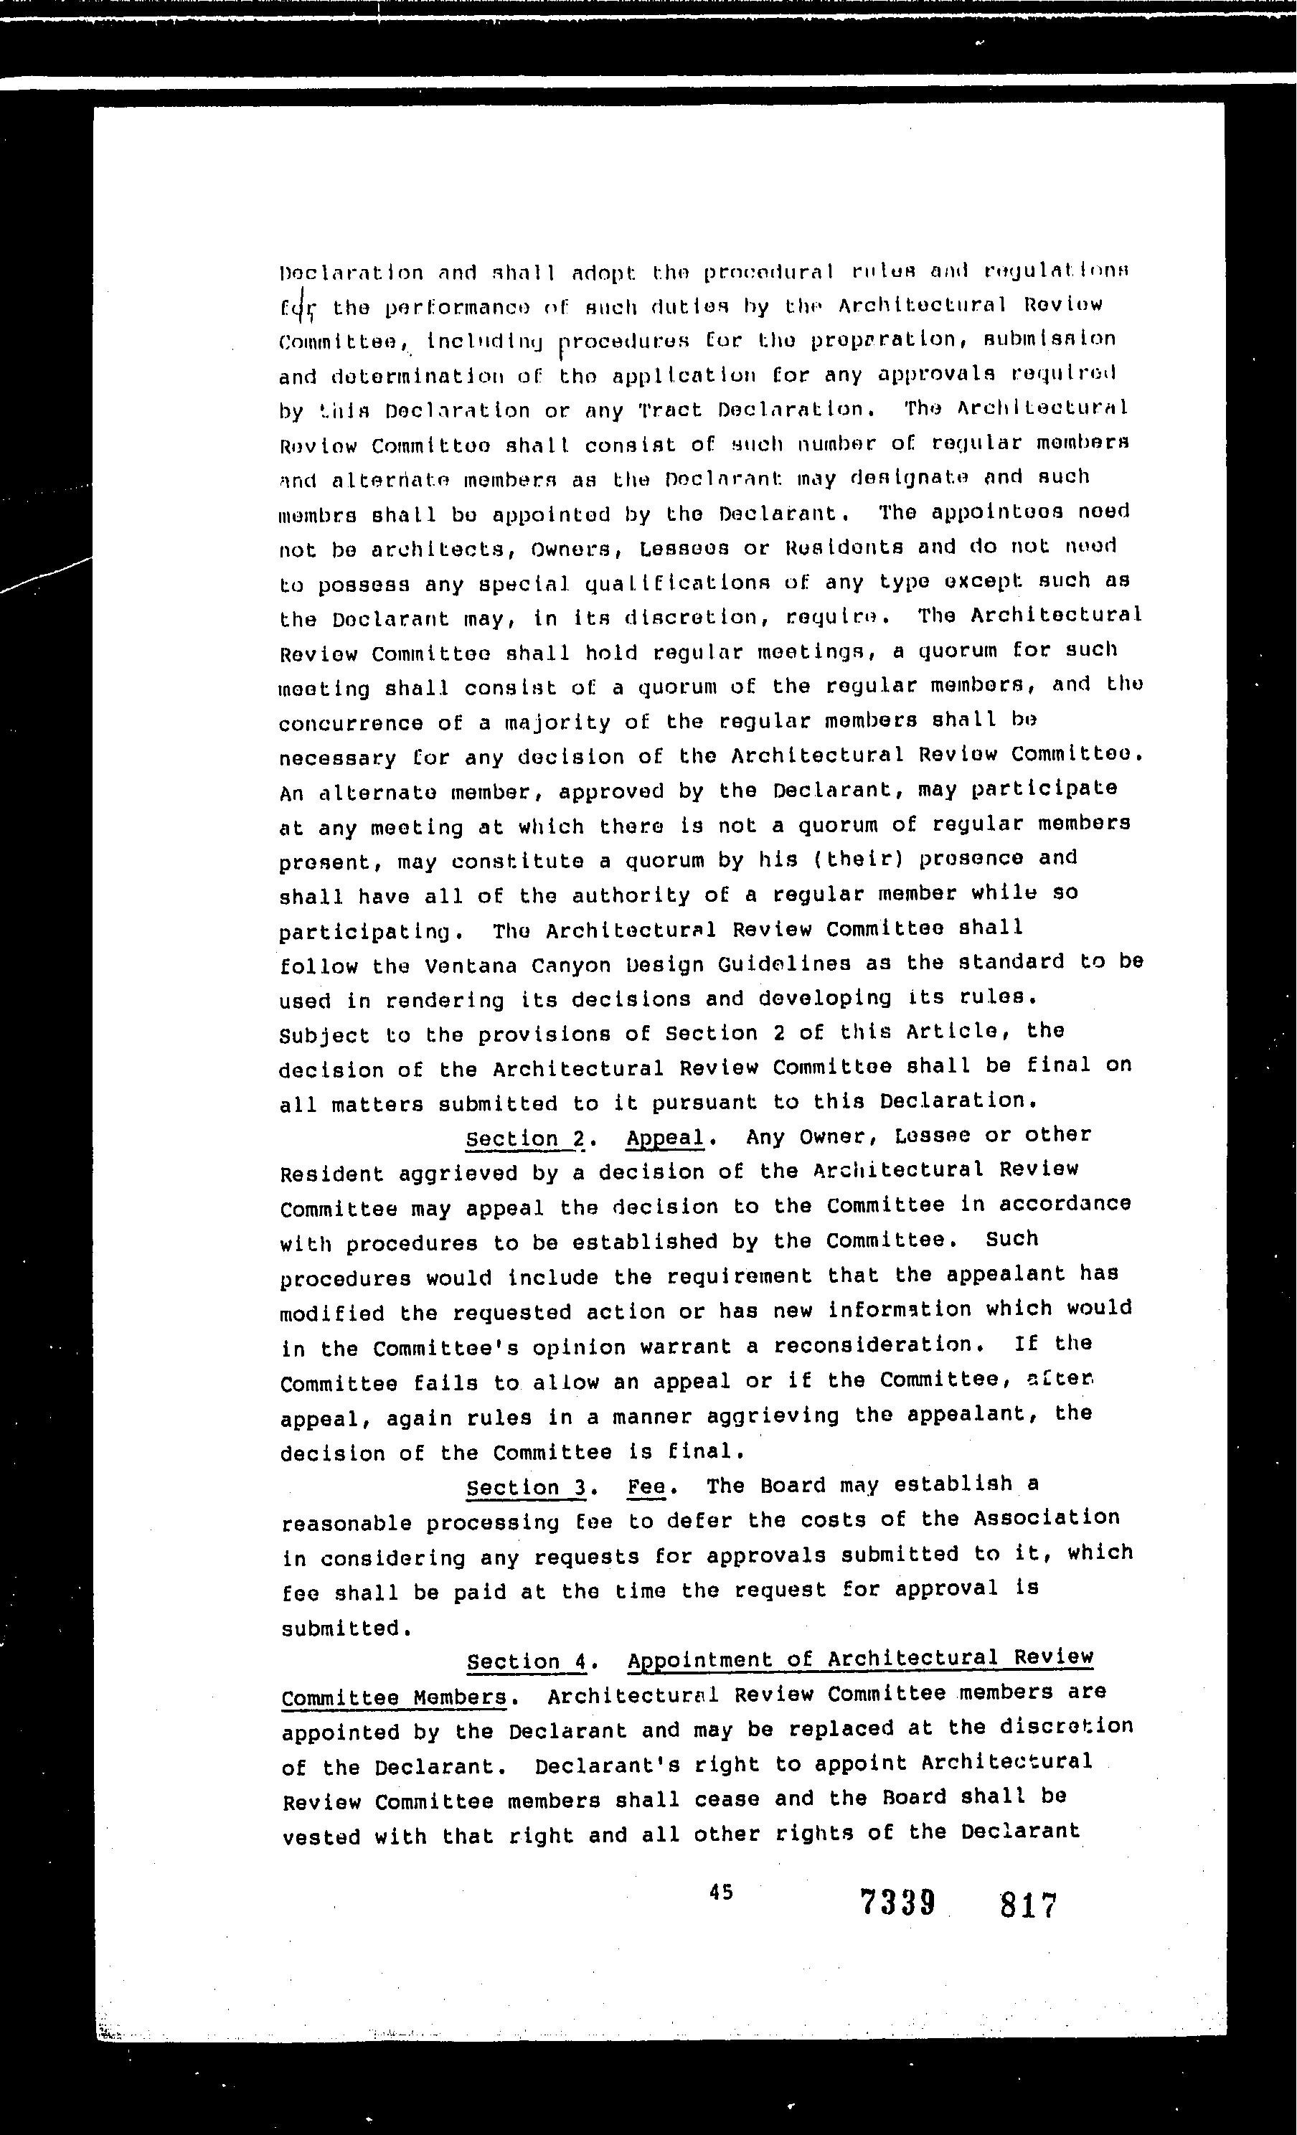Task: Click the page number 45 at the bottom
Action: point(721,1892)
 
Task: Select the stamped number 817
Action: point(1029,1905)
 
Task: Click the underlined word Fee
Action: point(646,1487)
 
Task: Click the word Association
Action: point(1046,1518)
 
